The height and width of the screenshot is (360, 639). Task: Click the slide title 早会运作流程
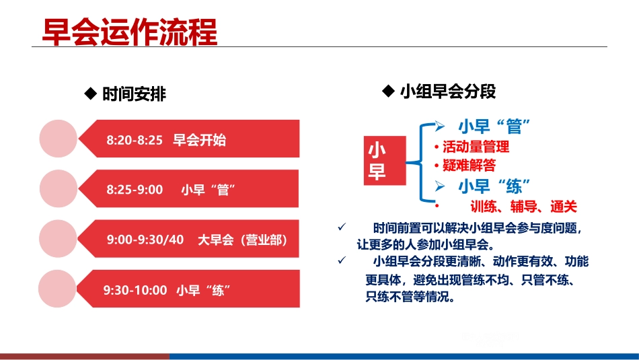(129, 31)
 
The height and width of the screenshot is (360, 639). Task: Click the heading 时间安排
(133, 94)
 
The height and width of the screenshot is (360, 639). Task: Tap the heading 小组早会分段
(447, 92)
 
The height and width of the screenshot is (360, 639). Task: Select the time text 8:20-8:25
(135, 141)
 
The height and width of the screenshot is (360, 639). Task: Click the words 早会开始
(200, 141)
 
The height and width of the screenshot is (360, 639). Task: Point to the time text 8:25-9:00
(135, 190)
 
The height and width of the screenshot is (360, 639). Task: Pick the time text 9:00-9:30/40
(145, 240)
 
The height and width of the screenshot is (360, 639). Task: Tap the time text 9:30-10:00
(135, 290)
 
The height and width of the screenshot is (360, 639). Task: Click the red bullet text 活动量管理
(476, 147)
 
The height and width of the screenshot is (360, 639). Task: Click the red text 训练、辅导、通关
(524, 207)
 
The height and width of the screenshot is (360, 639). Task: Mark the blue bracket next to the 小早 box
(420, 162)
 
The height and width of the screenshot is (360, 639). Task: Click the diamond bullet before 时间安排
(89, 94)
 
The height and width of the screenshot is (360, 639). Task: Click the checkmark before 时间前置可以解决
(342, 227)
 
